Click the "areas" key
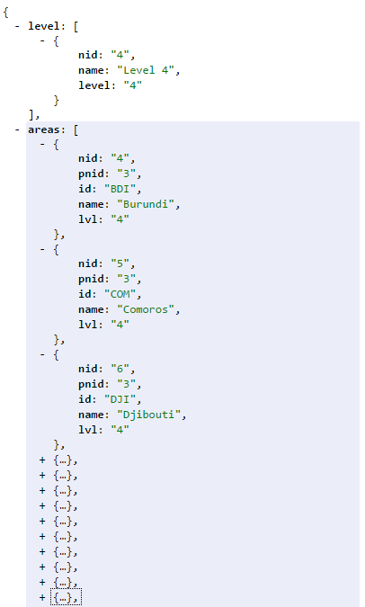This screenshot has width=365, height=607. [43, 129]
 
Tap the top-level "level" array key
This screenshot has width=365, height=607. [43, 26]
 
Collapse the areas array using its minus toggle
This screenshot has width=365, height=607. [17, 129]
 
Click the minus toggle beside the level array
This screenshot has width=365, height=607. [17, 26]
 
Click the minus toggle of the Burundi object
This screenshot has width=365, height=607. [42, 145]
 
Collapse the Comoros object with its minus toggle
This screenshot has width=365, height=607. [42, 250]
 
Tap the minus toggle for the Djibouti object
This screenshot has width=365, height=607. [42, 355]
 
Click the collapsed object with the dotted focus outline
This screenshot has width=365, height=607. [66, 598]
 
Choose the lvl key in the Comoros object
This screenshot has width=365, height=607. [87, 325]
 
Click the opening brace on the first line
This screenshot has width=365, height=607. [5, 12]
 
